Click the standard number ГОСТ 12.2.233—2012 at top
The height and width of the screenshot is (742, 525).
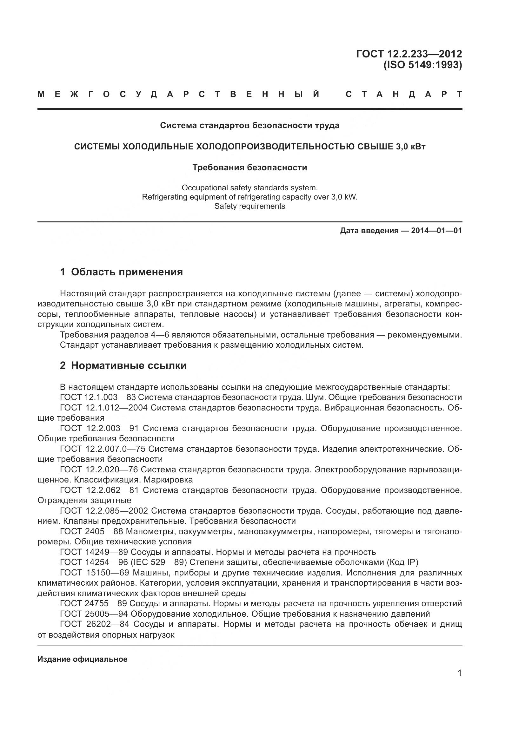409,54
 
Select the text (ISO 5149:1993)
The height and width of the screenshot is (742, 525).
422,65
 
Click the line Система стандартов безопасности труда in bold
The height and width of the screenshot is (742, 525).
249,125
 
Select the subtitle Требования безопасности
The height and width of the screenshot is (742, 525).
249,168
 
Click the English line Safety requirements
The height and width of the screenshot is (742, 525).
249,206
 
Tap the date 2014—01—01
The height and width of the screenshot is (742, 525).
436,231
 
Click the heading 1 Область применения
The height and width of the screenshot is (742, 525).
121,272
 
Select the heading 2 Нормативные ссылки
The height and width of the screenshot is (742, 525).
123,365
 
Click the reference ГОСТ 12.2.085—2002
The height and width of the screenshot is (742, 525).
104,511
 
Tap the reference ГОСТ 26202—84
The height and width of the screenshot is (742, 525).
95,624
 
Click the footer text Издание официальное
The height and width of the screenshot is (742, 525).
83,659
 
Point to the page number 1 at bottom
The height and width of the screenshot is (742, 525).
460,673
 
